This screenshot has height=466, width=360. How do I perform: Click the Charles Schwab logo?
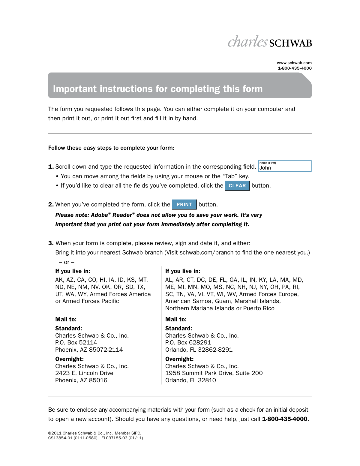269,42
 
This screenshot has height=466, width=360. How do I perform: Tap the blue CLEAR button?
237,186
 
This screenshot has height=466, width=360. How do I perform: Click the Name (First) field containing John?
285,166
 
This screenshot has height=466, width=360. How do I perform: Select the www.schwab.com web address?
294,63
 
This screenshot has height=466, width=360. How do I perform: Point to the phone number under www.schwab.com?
295,68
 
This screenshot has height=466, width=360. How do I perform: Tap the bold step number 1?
51,167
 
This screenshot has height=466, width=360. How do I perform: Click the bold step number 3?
51,243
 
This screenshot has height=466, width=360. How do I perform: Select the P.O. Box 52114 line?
76,343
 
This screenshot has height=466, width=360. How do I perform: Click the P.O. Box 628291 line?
188,343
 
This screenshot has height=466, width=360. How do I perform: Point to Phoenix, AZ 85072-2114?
89,350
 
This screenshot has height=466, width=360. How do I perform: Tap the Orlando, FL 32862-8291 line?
199,350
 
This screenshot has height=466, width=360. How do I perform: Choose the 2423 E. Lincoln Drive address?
84,373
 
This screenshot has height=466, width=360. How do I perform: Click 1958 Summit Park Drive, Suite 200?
214,373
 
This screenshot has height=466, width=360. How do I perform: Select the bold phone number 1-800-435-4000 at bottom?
284,419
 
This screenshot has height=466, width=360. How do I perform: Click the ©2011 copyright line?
94,433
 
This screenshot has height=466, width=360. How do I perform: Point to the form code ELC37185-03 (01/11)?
122,438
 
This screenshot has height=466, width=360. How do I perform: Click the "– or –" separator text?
67,262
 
